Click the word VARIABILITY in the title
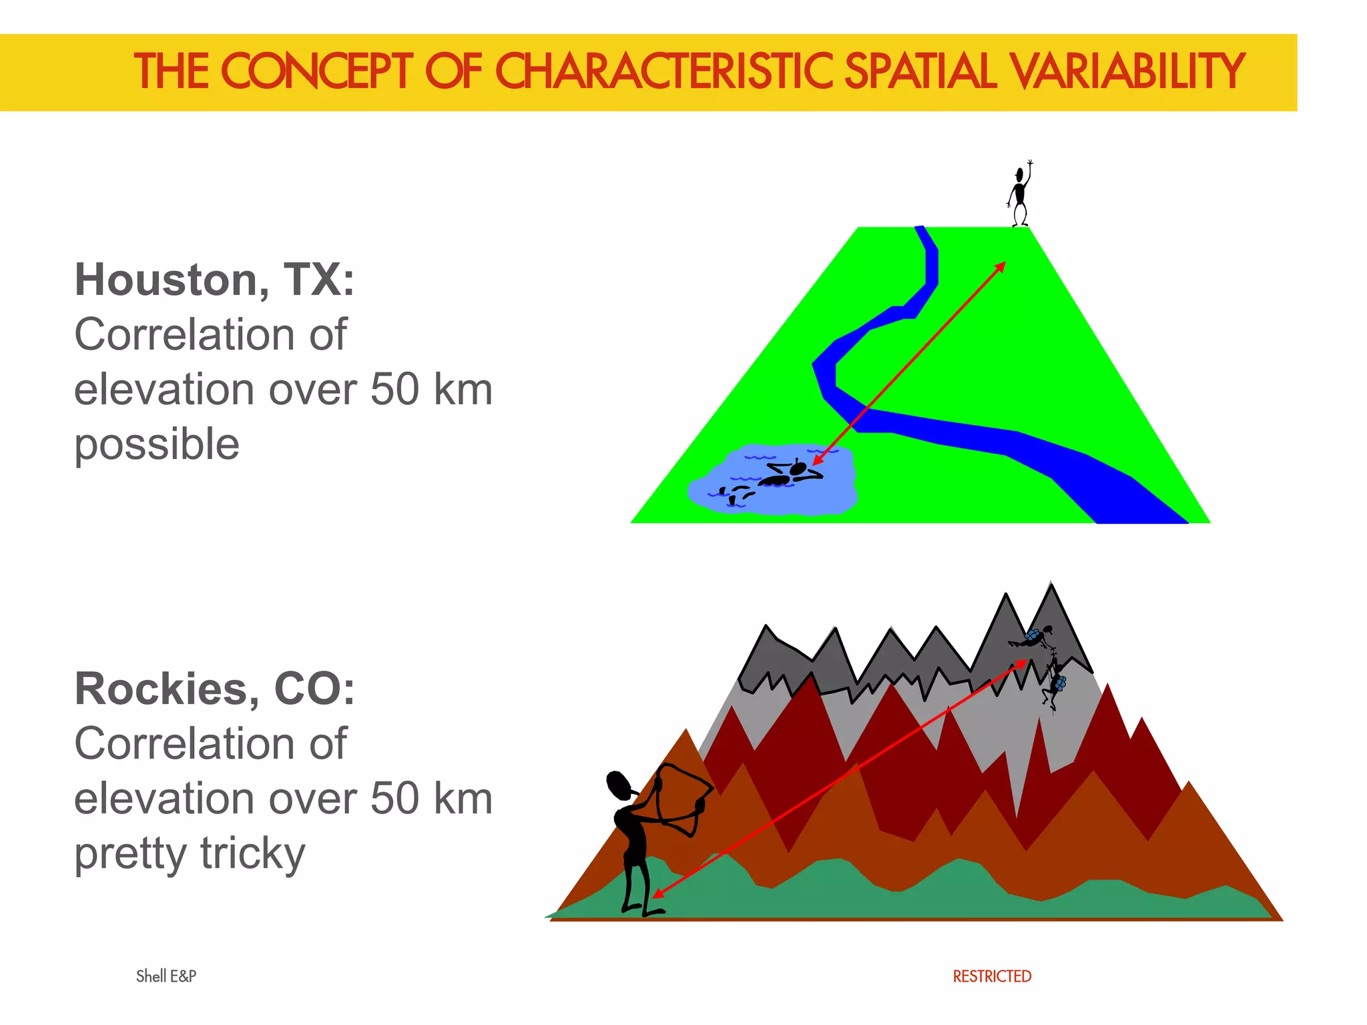tap(1127, 71)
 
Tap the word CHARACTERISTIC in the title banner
tap(663, 71)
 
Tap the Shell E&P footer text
tap(166, 976)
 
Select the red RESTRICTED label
tap(992, 976)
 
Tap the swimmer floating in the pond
tap(791, 474)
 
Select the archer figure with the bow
tap(641, 841)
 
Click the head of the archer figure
tap(619, 785)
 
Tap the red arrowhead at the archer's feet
tap(657, 893)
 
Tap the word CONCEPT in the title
tap(317, 71)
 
